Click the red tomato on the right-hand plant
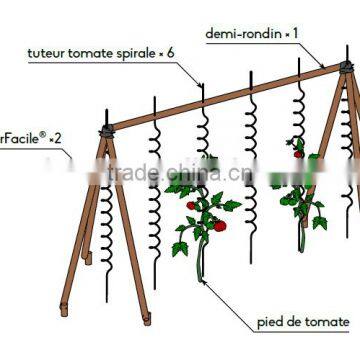[297, 153]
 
